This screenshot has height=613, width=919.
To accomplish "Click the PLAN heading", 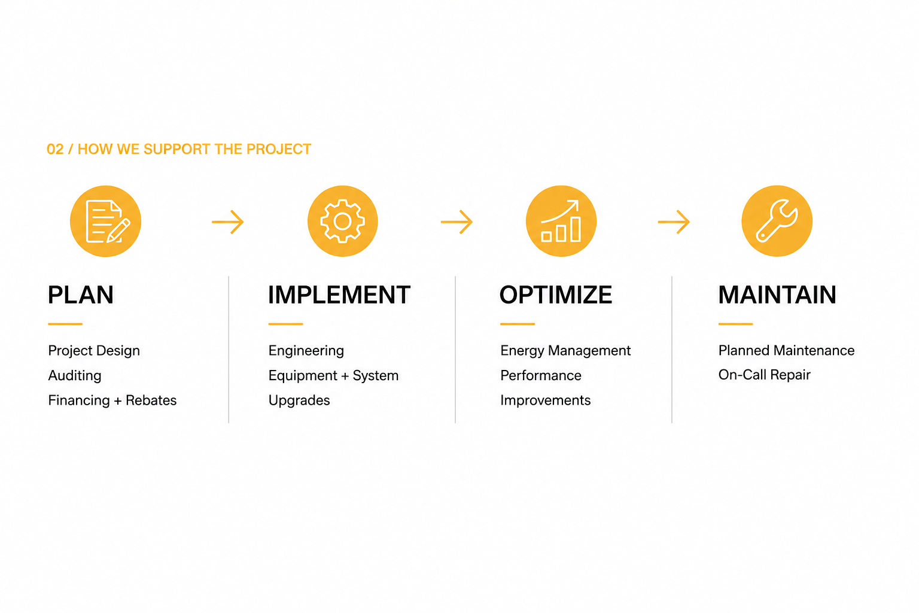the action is pos(80,295).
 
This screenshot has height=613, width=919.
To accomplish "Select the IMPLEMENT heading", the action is pos(339,295).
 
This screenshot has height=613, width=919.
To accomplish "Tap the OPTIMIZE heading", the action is pos(555,295).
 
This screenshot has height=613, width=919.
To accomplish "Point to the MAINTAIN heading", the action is pos(777,295).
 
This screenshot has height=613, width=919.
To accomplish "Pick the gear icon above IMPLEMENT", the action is pos(343,221).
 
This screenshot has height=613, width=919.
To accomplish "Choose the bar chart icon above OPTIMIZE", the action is pos(561,221).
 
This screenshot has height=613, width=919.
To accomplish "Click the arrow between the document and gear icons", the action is pos(228,222).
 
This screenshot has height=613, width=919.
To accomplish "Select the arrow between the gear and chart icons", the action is pos(457,222).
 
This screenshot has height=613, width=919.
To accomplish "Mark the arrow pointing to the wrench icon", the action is pos(674,222).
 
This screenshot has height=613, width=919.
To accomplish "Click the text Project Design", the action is pos(94,351).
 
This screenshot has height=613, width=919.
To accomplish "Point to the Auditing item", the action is pos(75,376).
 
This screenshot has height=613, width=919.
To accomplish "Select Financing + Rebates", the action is pos(112,400).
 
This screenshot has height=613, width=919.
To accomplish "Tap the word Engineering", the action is pos(306,351).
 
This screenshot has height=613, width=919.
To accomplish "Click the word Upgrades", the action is pos(299,400).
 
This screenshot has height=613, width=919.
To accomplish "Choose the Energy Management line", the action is pos(565,351).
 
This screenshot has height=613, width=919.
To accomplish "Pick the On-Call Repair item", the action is pos(764,375).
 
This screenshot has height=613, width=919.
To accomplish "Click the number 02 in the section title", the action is pos(55,149).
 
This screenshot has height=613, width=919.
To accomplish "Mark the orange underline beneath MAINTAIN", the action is pos(735,324).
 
